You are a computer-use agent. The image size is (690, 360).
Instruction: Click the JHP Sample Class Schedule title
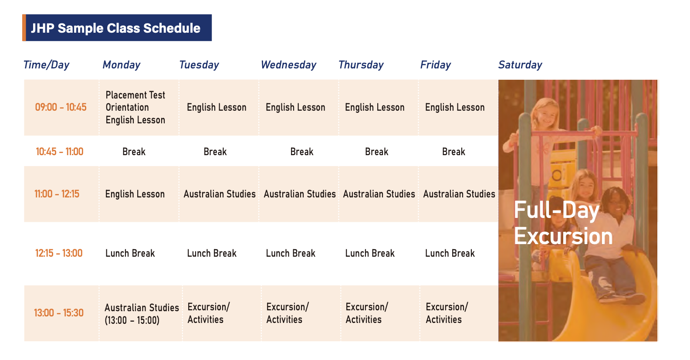coord(116,28)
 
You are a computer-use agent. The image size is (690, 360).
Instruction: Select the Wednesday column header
coord(289,65)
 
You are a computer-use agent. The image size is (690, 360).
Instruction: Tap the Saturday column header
coord(520,65)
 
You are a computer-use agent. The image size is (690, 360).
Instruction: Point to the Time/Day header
coord(47,65)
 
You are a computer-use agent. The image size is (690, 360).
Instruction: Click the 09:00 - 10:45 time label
coord(61,107)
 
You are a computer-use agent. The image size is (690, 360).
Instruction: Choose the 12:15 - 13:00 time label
coord(59,253)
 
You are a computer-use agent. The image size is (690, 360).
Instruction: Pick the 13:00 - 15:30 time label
coord(59,313)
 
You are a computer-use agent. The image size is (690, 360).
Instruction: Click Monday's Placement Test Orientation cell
coord(135,107)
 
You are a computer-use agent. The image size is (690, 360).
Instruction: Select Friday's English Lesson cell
coord(455,107)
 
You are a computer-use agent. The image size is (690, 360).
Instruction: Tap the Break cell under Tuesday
coord(215,152)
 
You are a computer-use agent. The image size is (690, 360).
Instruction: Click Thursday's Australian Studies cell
coord(379,194)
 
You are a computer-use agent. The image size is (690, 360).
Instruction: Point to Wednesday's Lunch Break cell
coord(291,253)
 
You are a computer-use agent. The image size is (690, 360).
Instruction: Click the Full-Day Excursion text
coord(563,223)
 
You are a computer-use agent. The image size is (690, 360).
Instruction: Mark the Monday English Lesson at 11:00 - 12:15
coord(135,194)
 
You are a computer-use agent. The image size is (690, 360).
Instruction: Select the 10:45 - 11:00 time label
coord(60,152)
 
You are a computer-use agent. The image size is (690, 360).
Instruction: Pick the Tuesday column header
coord(200,65)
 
